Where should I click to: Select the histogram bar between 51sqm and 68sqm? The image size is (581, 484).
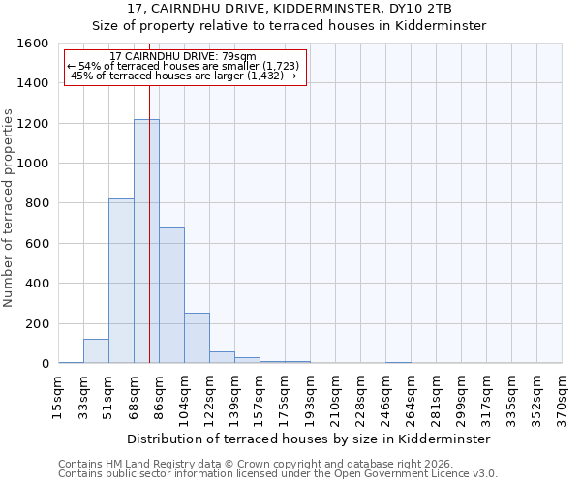[121, 281]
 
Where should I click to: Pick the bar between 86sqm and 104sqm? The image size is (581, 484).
[171, 295]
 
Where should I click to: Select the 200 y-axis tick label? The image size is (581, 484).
[37, 323]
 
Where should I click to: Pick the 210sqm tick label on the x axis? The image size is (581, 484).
[335, 397]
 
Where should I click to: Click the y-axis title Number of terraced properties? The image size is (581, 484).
[10, 208]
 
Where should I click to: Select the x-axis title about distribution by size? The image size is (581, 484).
[309, 439]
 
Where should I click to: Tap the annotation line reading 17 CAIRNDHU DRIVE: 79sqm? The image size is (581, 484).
[183, 57]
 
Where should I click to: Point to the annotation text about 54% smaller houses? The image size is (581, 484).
[183, 67]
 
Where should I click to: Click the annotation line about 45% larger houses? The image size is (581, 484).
[183, 76]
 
